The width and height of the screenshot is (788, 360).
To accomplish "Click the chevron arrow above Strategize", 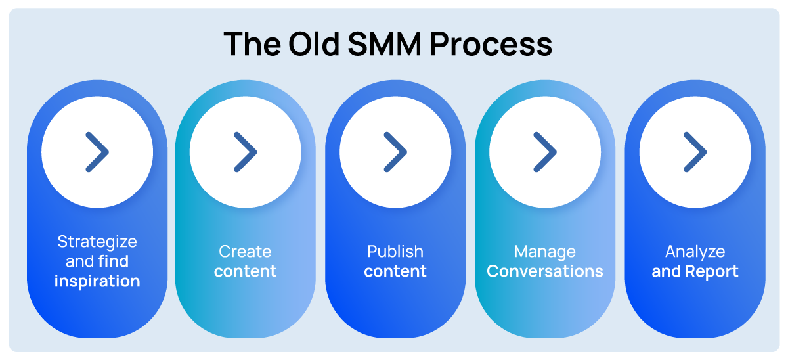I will click(97, 152).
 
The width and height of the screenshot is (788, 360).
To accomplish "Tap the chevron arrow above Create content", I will click(246, 152).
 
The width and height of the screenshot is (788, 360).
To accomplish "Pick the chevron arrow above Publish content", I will click(395, 152).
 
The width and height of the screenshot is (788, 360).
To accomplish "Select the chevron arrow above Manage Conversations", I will click(545, 152).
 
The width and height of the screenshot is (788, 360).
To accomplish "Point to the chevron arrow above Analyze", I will click(695, 152).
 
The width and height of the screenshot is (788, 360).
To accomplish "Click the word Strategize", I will click(97, 242).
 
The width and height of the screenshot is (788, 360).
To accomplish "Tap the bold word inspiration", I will click(97, 281).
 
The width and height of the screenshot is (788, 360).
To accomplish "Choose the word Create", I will click(245, 252).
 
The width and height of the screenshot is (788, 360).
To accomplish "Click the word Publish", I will click(395, 252).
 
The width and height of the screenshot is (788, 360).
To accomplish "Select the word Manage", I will click(545, 252).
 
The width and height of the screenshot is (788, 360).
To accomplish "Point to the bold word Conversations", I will click(545, 271).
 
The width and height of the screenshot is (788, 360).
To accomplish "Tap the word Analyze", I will click(695, 252).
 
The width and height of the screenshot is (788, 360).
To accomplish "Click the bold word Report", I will click(712, 271).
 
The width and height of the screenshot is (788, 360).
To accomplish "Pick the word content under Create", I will click(245, 271).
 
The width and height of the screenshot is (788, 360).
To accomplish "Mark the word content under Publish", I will click(395, 271).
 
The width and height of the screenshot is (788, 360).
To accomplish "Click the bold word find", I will click(113, 261).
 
